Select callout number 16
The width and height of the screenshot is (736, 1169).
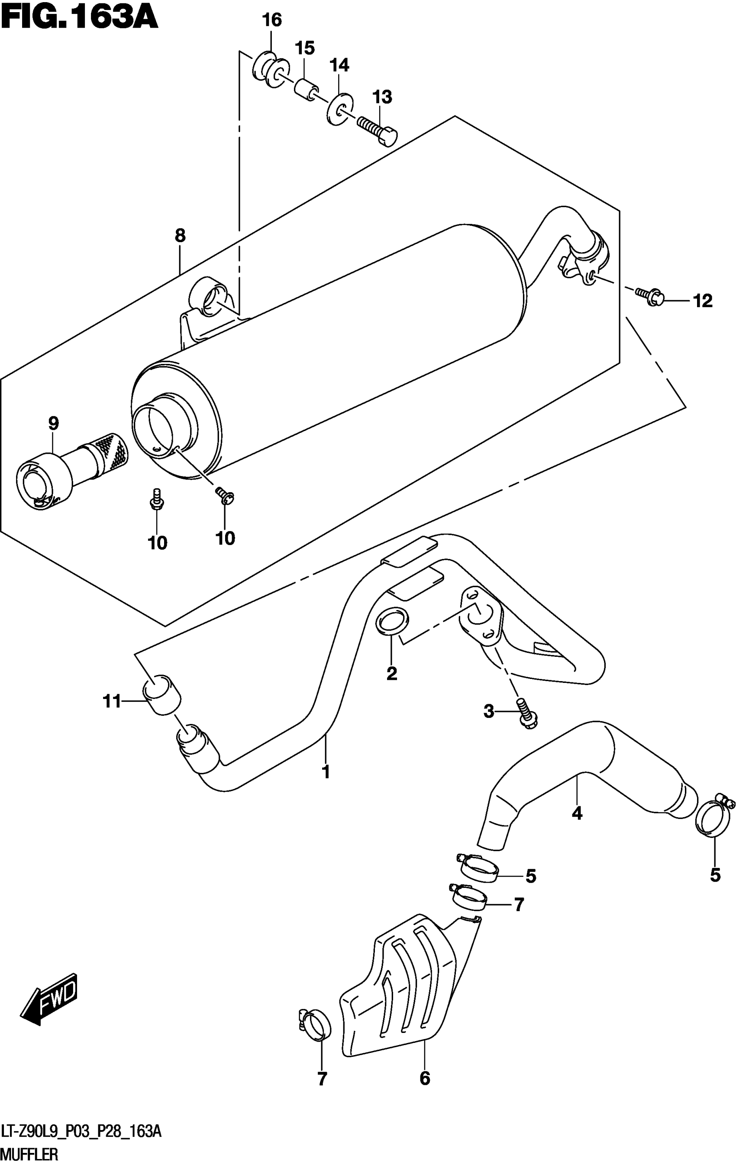tap(272, 20)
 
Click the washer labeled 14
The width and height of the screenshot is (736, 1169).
tap(339, 108)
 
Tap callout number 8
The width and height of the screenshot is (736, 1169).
tap(180, 236)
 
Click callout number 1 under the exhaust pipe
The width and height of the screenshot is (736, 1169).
tap(326, 772)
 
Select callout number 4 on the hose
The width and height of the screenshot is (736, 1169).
tap(577, 813)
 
